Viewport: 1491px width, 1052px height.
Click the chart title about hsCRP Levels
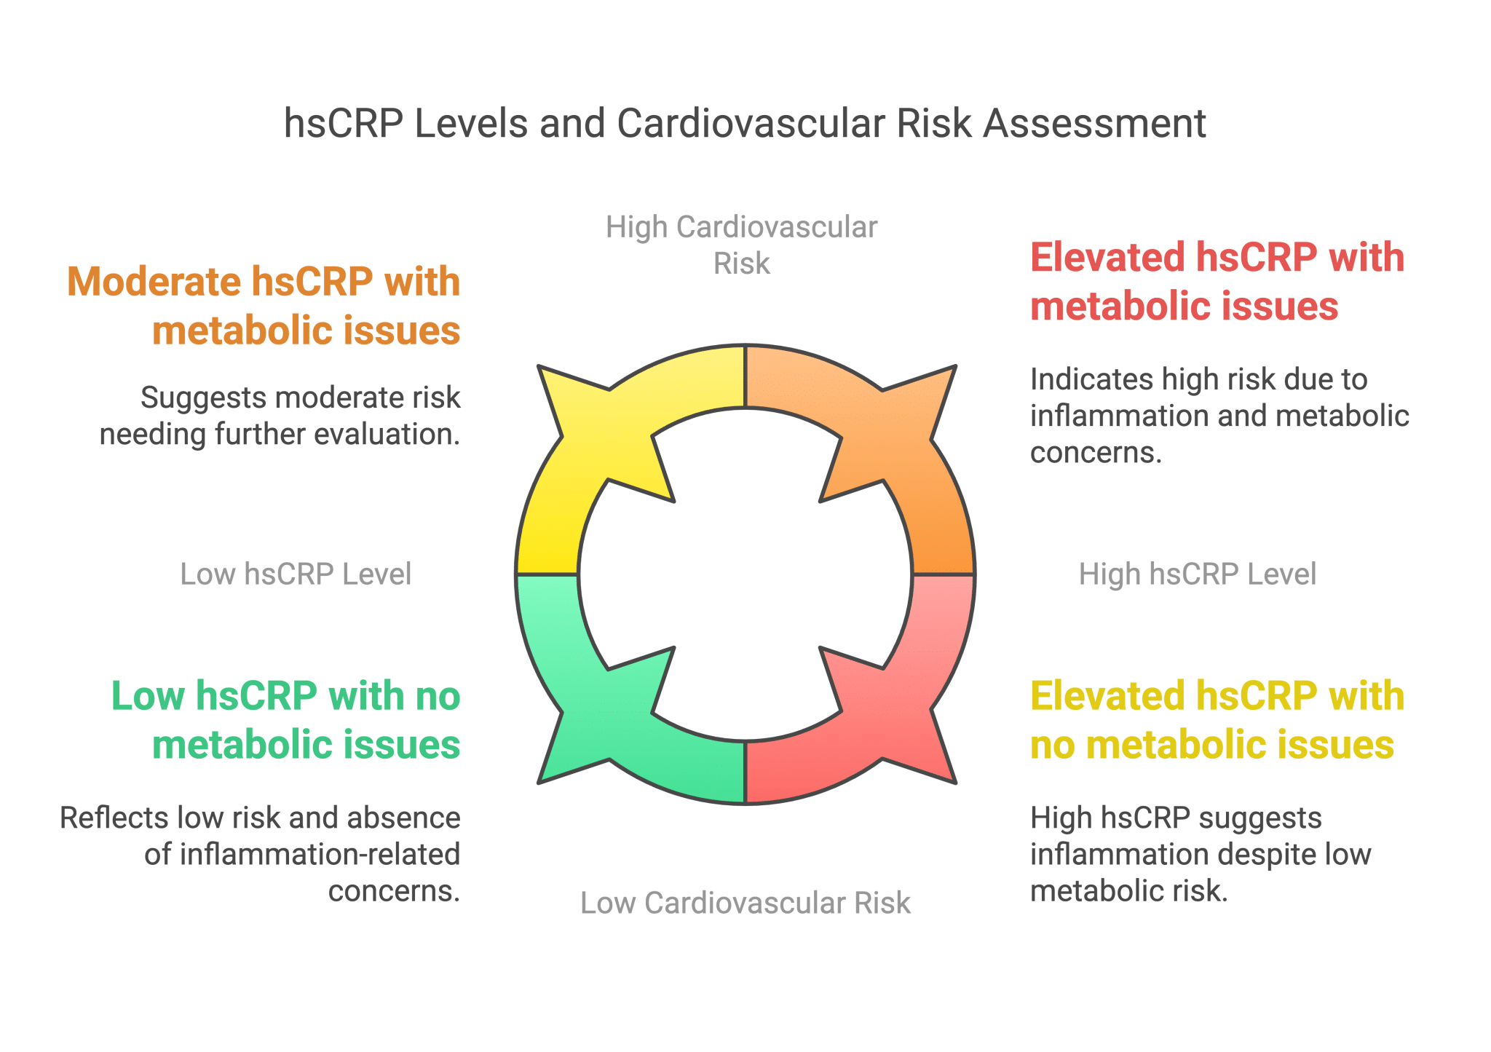(x=744, y=124)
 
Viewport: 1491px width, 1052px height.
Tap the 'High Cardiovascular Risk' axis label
(x=741, y=245)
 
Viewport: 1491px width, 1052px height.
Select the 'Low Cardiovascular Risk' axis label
(x=745, y=903)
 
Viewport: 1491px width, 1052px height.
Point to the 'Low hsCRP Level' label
(x=296, y=574)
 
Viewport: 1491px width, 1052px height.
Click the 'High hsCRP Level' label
(x=1197, y=574)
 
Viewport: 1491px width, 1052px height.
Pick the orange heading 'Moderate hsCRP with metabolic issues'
(x=264, y=306)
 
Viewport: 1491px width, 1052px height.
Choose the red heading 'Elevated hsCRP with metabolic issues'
(x=1217, y=282)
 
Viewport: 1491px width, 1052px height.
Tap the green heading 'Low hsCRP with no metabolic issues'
(x=285, y=720)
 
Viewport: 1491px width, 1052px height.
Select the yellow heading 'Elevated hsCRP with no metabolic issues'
(x=1217, y=720)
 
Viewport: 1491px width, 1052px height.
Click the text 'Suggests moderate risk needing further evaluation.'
(x=280, y=416)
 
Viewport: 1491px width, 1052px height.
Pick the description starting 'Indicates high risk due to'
(x=1219, y=416)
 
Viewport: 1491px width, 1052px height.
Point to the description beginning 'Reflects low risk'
(x=260, y=854)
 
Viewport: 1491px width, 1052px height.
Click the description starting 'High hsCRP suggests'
(x=1201, y=854)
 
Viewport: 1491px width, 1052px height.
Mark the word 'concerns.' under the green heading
(x=394, y=890)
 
